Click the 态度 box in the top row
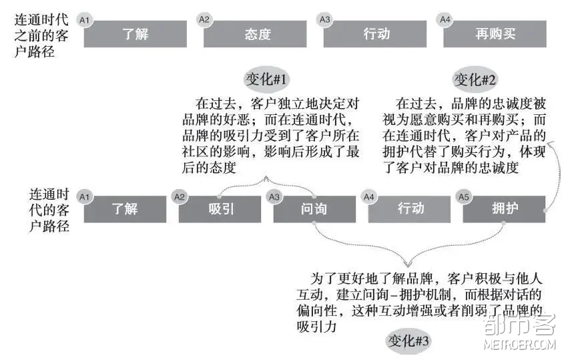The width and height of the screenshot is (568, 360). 255,33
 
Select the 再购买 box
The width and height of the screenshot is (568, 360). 495,33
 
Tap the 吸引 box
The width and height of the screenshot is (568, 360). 220,209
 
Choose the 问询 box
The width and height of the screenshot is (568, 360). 314,209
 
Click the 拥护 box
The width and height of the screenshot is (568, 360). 504,209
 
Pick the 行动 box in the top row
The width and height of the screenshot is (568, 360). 375,33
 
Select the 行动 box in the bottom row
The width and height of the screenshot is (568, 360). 409,209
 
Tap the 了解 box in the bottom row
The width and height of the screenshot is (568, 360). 125,209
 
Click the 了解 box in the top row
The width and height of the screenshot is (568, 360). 135,33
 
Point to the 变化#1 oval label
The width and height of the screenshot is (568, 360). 266,79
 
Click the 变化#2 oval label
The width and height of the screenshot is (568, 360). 475,79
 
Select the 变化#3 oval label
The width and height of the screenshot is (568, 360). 408,341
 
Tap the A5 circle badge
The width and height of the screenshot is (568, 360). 464,197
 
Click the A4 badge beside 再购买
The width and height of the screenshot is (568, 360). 445,19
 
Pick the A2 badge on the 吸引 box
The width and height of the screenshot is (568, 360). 180,197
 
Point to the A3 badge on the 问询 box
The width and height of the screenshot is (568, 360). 274,197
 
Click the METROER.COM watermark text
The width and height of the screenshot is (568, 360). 519,344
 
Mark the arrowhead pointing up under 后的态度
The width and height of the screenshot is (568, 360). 266,179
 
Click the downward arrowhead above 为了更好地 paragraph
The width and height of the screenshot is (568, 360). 408,264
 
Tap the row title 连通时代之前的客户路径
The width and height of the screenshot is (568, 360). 41,35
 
